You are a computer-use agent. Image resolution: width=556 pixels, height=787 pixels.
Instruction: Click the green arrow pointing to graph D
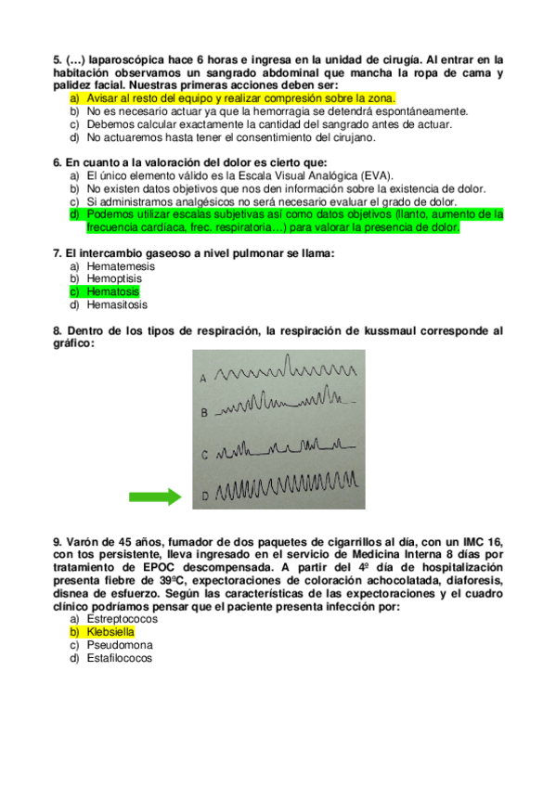tap(154, 497)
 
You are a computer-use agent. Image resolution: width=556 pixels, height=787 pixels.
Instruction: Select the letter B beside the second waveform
tap(203, 413)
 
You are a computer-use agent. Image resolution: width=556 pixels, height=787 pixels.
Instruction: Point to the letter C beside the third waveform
tap(203, 456)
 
